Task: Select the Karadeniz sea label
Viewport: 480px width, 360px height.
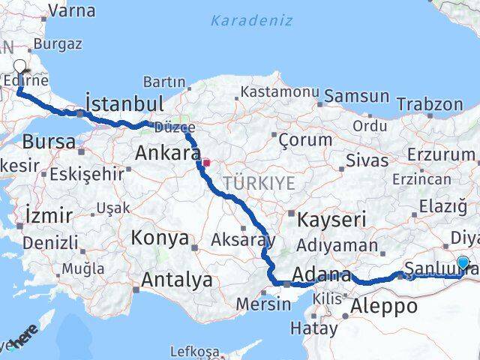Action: (251, 20)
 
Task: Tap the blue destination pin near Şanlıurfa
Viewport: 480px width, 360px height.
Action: (463, 264)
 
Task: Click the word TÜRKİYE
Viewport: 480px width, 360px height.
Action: (258, 182)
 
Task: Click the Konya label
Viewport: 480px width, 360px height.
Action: (160, 238)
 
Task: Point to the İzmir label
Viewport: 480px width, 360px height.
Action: (48, 215)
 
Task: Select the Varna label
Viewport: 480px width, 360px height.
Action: (71, 10)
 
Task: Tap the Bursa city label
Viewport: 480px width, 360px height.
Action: (49, 141)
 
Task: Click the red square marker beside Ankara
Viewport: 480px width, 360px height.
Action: (206, 160)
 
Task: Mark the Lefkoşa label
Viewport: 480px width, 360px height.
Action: (195, 351)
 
